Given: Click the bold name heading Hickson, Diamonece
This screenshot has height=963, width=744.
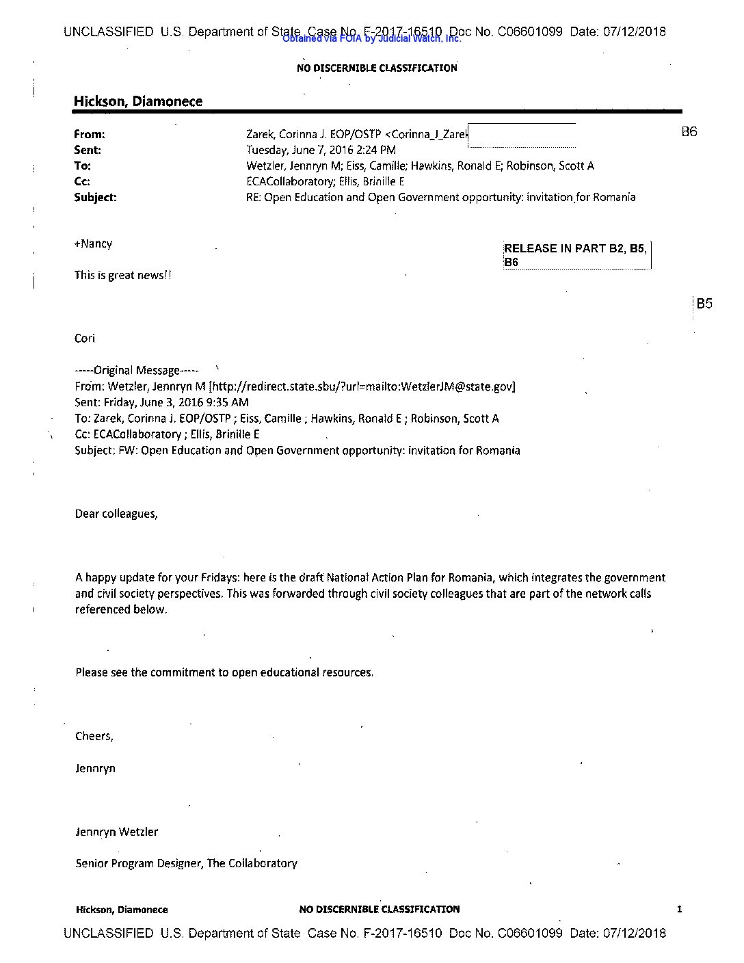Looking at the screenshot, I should (138, 101).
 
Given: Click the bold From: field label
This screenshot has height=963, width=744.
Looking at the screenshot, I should (90, 134).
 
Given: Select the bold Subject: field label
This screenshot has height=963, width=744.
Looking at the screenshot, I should (95, 197).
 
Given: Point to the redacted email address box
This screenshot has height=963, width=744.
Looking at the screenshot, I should (522, 135).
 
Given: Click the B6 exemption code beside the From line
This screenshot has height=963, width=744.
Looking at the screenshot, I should (689, 132).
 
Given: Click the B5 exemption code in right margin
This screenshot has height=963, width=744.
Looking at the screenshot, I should (704, 304).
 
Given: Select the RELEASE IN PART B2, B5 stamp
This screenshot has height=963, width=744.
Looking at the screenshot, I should (576, 254).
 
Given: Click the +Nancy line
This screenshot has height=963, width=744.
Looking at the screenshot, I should (94, 243).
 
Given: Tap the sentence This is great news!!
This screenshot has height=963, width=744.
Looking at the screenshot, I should (123, 275).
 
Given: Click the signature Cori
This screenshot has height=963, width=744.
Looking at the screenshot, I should (85, 339).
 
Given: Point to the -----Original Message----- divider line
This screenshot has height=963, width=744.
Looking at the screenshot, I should (137, 370).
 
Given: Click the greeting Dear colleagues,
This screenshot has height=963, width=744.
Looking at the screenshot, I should (116, 514).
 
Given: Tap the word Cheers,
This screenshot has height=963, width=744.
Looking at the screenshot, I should (94, 736).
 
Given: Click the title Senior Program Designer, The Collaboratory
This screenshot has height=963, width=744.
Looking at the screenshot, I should (186, 863).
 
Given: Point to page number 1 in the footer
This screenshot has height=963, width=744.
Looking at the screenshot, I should (679, 909).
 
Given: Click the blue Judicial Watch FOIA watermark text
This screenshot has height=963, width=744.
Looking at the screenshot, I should (371, 39).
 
